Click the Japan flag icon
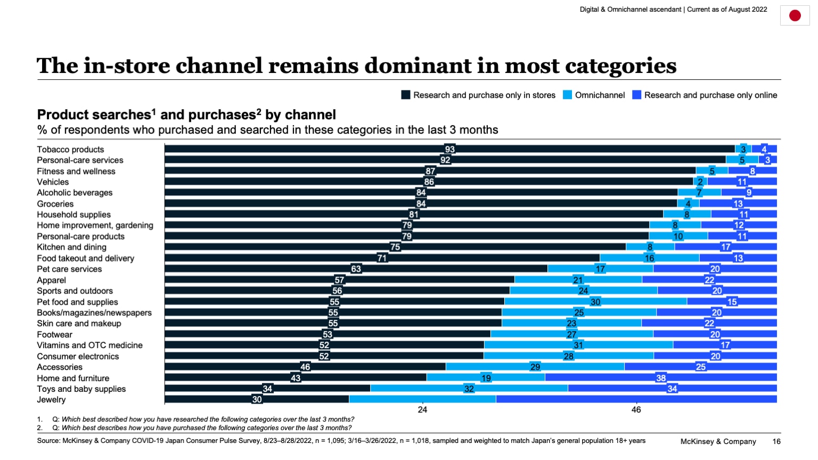tap(795, 15)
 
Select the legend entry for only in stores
tap(478, 95)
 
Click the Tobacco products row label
tap(70, 150)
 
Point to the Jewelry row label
tap(51, 400)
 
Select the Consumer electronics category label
tap(78, 357)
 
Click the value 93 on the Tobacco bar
tap(450, 150)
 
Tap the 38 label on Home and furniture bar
tap(661, 378)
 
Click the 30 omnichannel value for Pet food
tap(595, 302)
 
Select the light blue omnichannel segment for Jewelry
tap(422, 399)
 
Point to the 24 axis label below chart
tap(422, 410)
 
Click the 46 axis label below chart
tap(636, 410)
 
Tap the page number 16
tap(776, 441)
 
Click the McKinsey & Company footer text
tap(718, 441)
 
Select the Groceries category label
tap(55, 204)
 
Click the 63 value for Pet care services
tap(356, 269)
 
